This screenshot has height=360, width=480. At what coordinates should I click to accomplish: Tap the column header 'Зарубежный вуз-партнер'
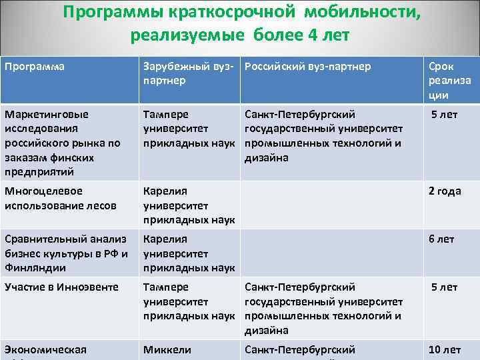click(188, 73)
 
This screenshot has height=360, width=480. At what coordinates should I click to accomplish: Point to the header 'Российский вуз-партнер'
click(308, 67)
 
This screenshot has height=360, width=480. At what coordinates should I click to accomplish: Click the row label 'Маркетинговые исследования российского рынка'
click(63, 143)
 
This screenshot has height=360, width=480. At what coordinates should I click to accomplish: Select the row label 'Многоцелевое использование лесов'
click(61, 198)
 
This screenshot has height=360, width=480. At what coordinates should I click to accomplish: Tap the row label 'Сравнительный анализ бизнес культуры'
click(66, 253)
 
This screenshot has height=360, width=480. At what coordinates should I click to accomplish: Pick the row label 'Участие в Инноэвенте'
click(61, 287)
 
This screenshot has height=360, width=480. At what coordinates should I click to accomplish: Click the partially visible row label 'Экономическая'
click(46, 349)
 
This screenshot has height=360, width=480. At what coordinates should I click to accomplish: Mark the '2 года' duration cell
click(445, 191)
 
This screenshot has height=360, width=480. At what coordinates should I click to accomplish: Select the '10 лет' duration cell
click(445, 349)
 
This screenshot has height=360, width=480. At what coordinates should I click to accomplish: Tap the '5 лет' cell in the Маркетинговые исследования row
click(445, 114)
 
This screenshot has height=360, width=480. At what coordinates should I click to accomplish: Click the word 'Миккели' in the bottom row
click(167, 349)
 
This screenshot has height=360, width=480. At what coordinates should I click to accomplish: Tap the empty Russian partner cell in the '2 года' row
click(331, 205)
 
